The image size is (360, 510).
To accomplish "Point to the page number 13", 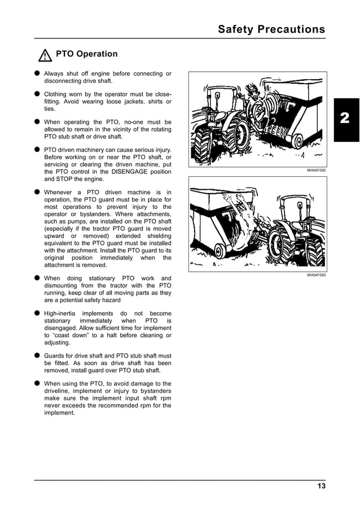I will [321, 486].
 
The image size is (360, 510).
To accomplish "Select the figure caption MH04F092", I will [316, 169].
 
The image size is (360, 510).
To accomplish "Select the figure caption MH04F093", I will [316, 274].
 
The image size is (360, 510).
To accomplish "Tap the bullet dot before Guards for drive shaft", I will [37, 356].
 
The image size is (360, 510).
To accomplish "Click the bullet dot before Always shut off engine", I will [37, 73].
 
